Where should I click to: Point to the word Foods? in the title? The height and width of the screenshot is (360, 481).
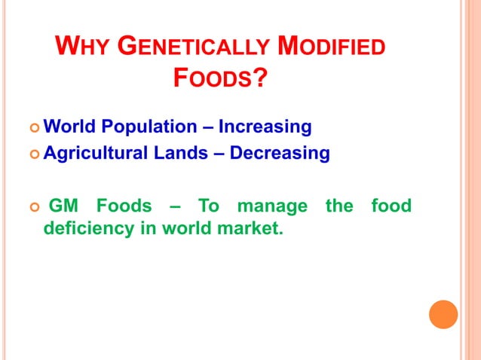(x=220, y=78)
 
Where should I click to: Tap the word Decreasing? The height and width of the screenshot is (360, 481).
(x=280, y=154)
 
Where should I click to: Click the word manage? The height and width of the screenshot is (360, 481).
(x=272, y=206)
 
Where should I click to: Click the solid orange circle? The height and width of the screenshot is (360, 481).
(x=443, y=314)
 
